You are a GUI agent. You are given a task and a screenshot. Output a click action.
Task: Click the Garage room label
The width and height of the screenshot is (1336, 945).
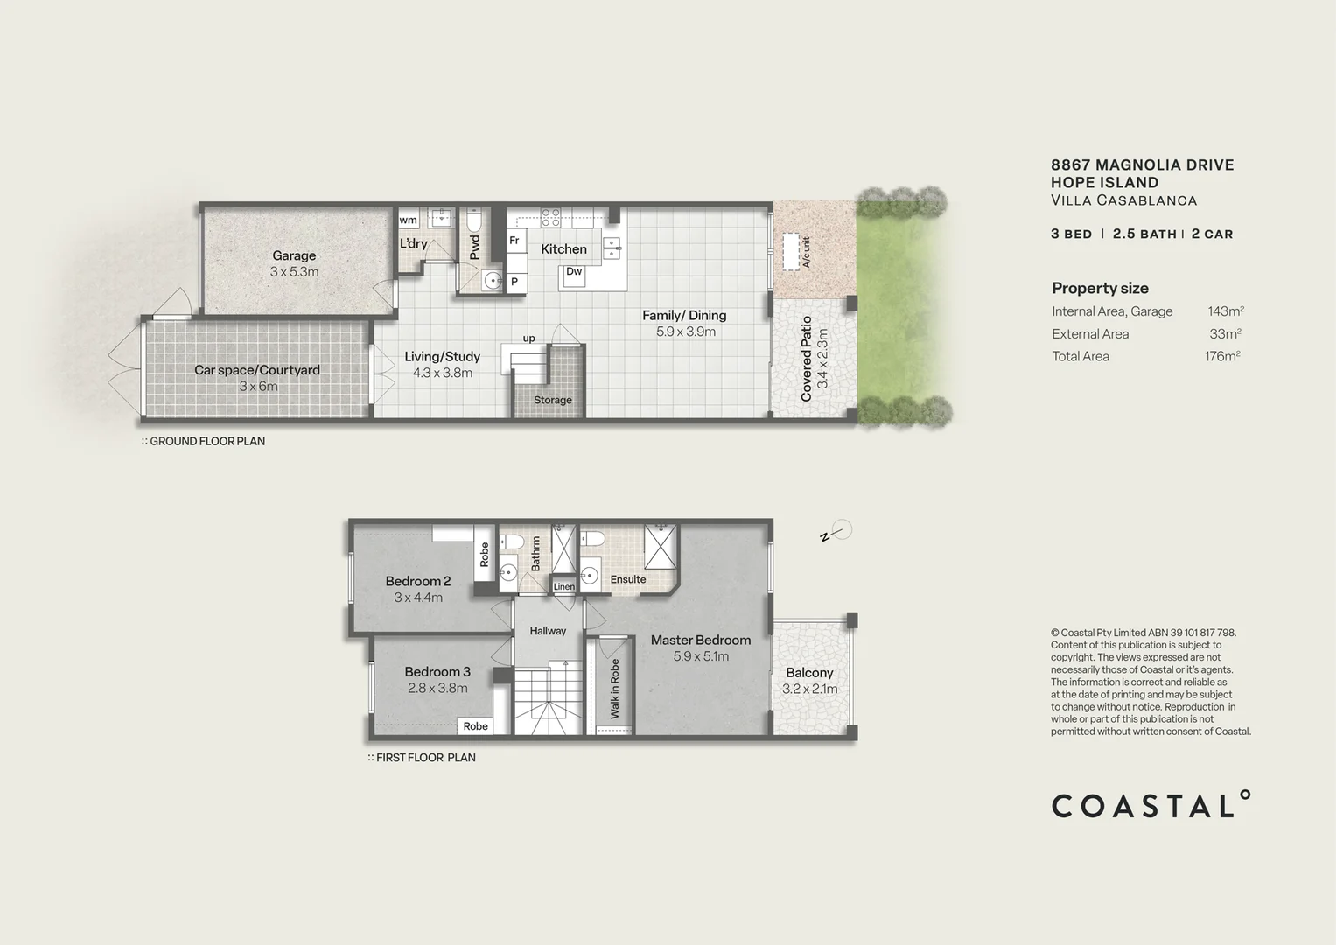click(x=294, y=255)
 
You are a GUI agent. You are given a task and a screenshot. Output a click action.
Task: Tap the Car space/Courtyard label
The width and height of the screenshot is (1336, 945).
click(x=257, y=370)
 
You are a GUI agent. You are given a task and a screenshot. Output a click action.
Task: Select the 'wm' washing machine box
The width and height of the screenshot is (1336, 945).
click(x=409, y=220)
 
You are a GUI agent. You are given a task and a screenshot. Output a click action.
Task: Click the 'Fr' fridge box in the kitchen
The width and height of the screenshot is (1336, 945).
click(x=514, y=241)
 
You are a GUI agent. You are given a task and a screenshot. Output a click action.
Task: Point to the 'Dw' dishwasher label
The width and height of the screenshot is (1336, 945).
click(x=574, y=272)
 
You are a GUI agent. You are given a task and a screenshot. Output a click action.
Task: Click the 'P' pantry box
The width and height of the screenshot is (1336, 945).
click(x=514, y=282)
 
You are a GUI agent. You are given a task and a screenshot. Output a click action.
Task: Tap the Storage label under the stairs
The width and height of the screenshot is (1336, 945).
click(x=553, y=400)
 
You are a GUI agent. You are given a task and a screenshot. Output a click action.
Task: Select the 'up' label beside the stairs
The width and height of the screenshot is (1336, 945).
click(x=528, y=339)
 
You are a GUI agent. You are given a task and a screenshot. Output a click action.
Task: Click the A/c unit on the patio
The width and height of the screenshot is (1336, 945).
click(x=794, y=252)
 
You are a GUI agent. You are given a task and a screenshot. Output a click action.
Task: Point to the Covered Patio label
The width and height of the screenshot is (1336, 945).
click(x=807, y=359)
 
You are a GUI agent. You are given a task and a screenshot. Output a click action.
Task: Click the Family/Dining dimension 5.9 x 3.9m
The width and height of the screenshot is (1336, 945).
click(x=686, y=332)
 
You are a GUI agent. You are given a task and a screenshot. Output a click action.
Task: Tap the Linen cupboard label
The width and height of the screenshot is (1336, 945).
click(x=564, y=586)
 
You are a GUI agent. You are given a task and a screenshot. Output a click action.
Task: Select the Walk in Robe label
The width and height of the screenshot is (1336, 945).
click(x=615, y=689)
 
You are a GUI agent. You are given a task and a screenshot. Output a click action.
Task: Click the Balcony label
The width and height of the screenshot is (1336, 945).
click(x=809, y=672)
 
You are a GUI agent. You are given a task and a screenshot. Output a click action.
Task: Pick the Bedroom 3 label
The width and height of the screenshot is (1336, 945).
click(x=437, y=671)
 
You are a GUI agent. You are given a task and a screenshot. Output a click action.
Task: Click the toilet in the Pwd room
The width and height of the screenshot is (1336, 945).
click(x=474, y=218)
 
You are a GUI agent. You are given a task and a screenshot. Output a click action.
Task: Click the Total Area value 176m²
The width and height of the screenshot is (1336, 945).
click(x=1222, y=356)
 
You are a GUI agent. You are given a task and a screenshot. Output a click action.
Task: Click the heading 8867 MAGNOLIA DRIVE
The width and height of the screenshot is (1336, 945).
click(x=1142, y=164)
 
